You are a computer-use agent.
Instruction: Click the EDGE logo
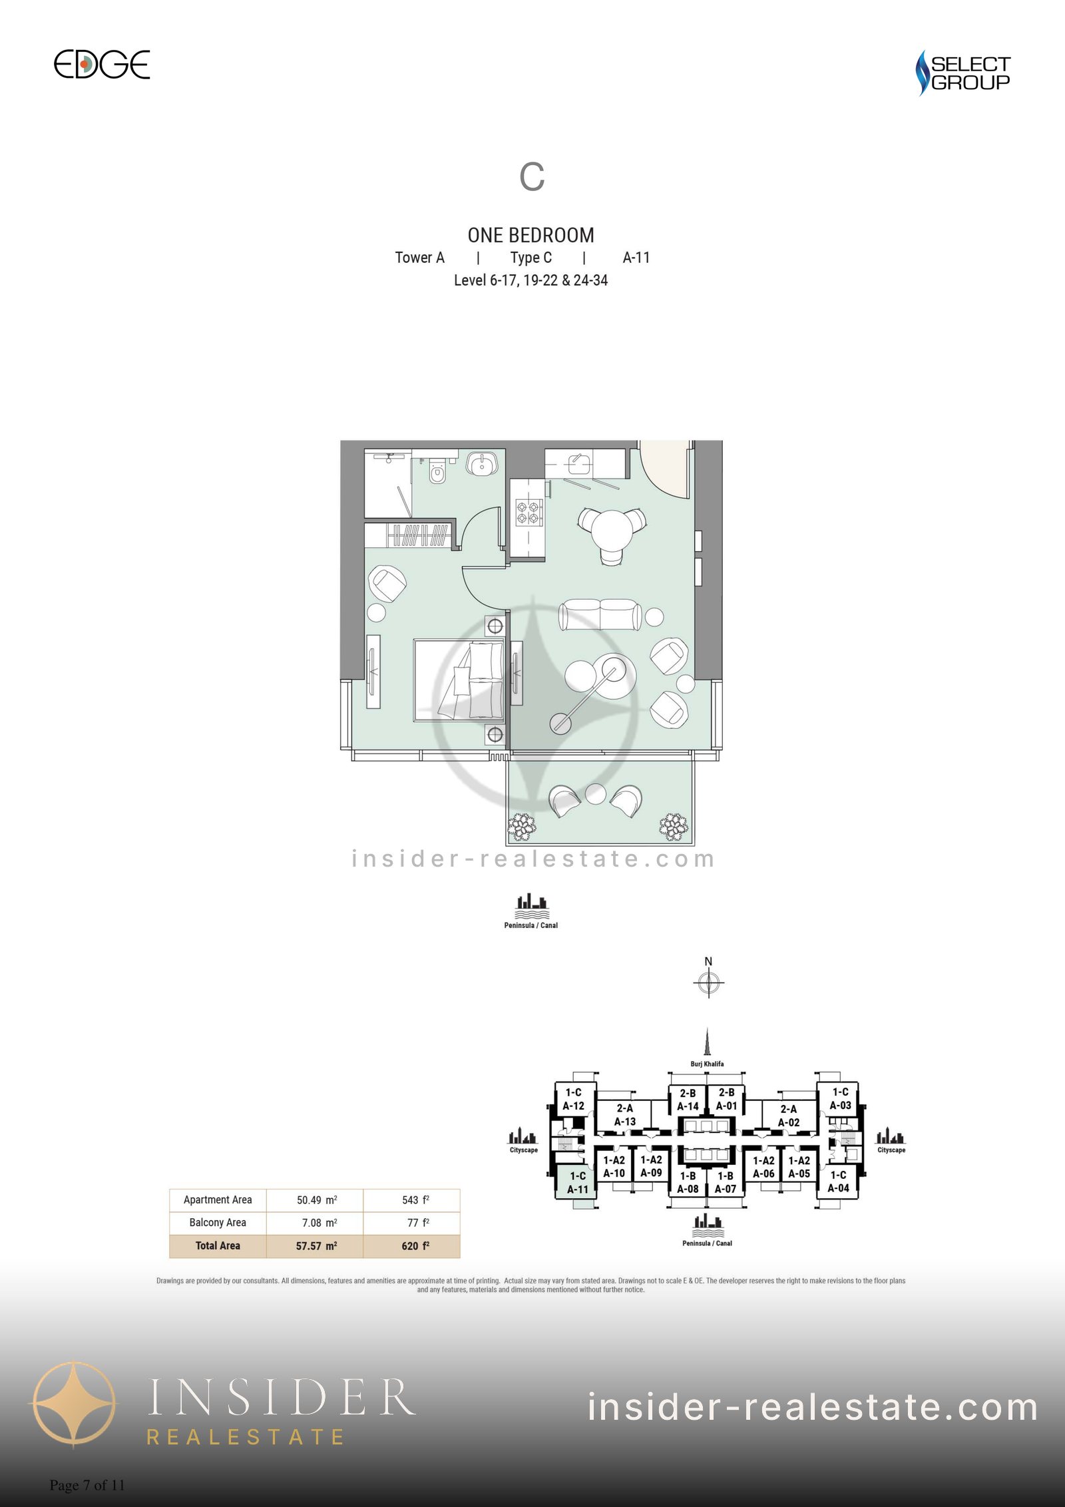point(102,65)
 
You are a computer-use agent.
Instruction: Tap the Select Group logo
point(962,73)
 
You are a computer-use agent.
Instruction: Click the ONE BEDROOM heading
point(531,235)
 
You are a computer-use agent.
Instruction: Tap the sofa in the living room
point(601,614)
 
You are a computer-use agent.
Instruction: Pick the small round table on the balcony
point(595,794)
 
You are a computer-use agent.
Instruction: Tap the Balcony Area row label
point(218,1223)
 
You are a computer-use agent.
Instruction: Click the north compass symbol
point(709,981)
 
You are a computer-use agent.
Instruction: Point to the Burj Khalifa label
point(707,1064)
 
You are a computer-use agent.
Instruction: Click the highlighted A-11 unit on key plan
point(577,1184)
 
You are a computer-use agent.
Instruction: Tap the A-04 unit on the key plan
point(838,1182)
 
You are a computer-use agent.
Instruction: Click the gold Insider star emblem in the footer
point(74,1406)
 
